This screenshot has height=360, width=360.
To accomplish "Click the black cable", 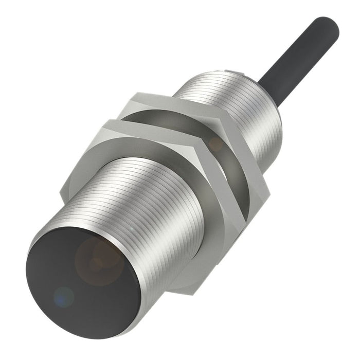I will pyautogui.click(x=298, y=51).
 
